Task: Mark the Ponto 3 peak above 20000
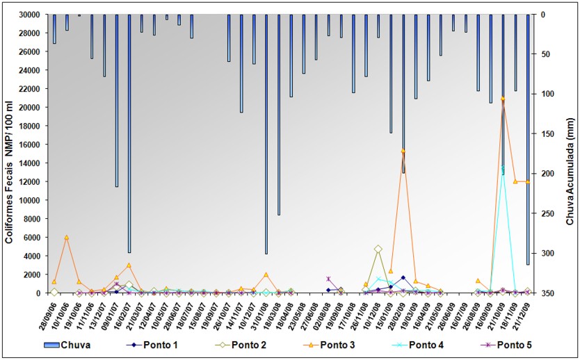pyautogui.click(x=503, y=99)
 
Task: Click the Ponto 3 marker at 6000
pyautogui.click(x=67, y=238)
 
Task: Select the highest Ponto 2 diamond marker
pyautogui.click(x=378, y=249)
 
